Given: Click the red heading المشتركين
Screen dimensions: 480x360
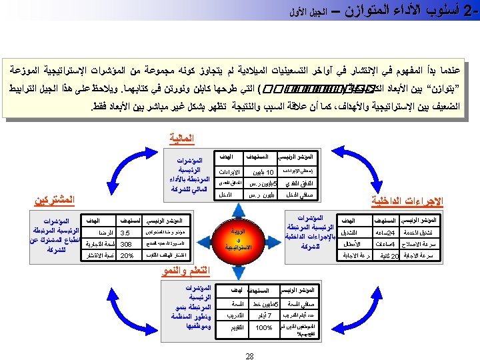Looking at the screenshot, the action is tap(53, 199).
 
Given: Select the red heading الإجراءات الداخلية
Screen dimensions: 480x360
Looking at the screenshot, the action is tap(399, 200).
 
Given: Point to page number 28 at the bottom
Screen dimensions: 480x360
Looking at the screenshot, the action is tap(249, 355).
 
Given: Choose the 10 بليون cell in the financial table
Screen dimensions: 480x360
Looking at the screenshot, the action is tap(256, 172).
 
